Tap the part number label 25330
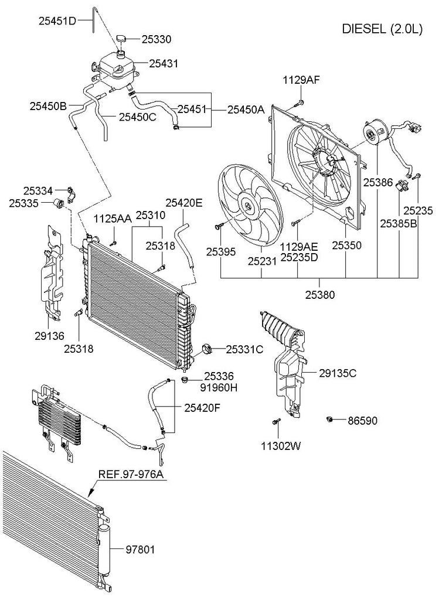click(x=156, y=39)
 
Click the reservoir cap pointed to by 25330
click(x=121, y=38)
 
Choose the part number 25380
click(x=319, y=295)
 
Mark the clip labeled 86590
click(x=330, y=419)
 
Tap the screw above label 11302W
click(x=275, y=421)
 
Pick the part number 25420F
click(x=202, y=408)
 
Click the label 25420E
click(x=183, y=203)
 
